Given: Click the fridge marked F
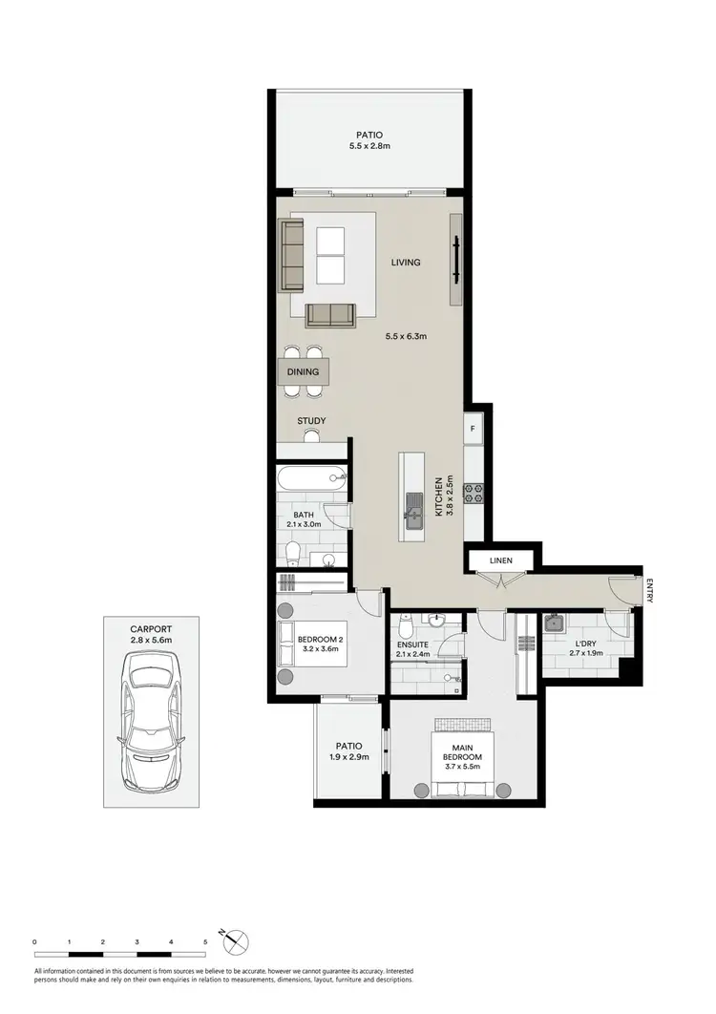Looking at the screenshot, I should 473,429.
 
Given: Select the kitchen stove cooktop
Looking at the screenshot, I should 474,493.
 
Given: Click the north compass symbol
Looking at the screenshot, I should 236,941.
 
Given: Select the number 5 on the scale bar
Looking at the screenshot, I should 205,942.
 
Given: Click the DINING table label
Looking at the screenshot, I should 304,371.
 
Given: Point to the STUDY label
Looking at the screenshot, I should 311,420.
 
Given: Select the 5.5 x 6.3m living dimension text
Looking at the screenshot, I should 406,336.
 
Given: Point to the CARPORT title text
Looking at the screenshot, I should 151,629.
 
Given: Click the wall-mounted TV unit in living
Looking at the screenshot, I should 458,258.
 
